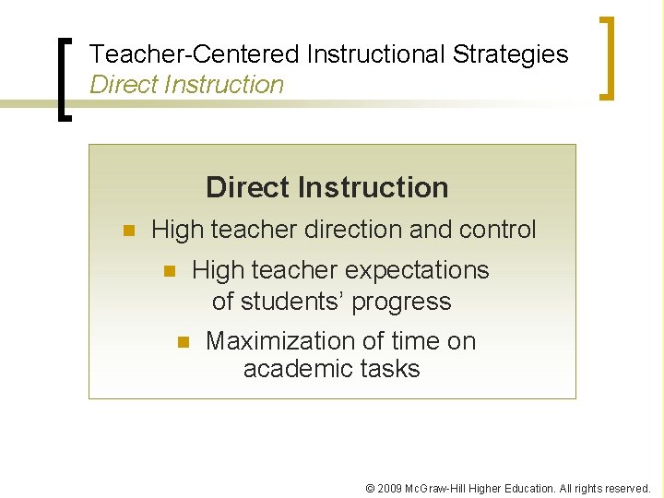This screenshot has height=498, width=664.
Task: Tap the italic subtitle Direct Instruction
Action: [x=186, y=85]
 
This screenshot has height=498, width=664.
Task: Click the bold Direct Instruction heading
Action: [x=326, y=187]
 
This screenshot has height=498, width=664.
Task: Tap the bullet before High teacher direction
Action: [x=129, y=230]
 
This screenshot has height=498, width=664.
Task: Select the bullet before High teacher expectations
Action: [x=169, y=271]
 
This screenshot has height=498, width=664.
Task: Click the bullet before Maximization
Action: [x=183, y=341]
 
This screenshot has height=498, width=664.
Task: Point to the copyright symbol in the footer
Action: [x=371, y=488]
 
